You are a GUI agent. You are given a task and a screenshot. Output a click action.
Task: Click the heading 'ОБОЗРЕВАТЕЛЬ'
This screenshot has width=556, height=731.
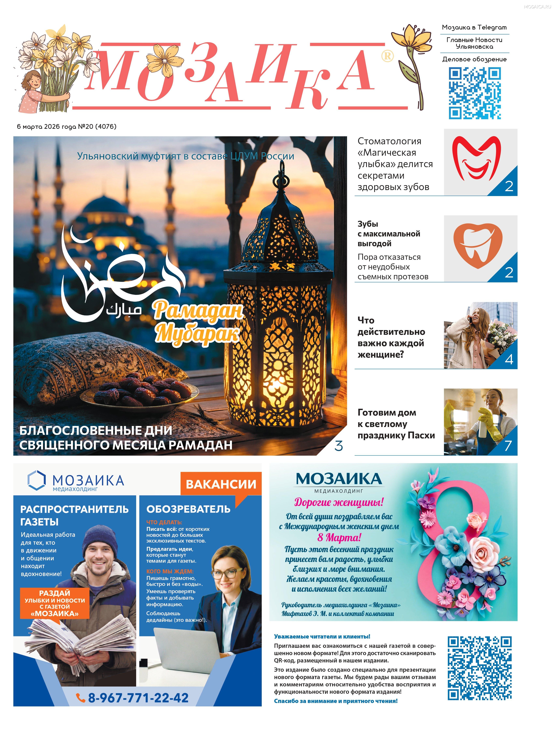coord(188,509)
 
